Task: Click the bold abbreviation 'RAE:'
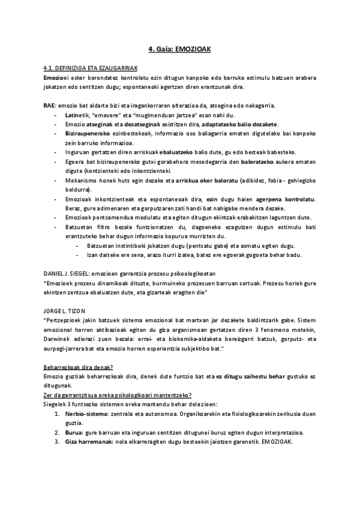pyautogui.click(x=49, y=105)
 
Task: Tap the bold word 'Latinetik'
pyautogui.click(x=76, y=114)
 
